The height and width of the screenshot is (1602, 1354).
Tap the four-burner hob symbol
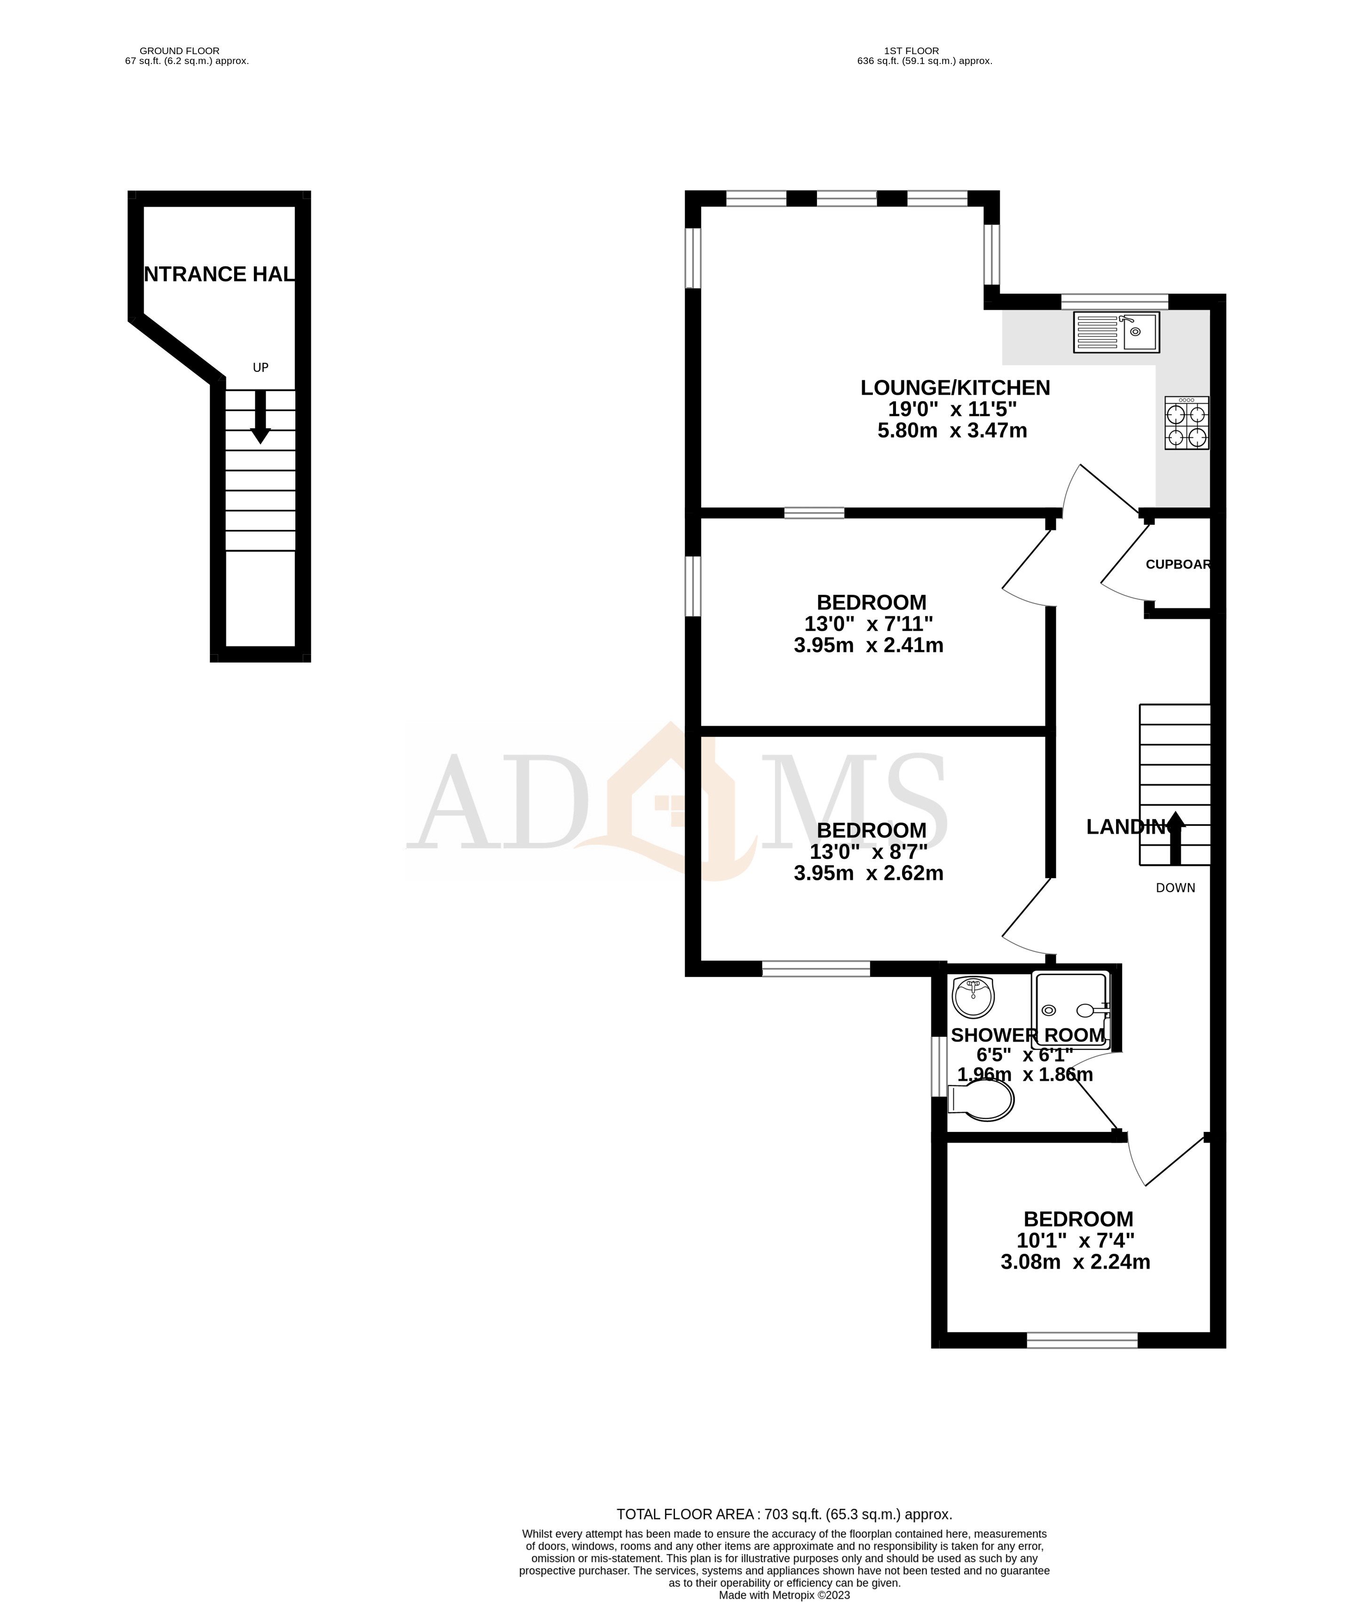(1186, 423)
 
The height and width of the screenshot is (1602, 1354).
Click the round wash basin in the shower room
(973, 997)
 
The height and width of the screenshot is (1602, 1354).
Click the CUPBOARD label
(1178, 564)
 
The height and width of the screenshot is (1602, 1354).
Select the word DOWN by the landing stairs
(1175, 888)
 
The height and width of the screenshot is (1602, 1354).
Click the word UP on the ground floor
(261, 368)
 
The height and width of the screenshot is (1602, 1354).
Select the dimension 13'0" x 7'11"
(869, 624)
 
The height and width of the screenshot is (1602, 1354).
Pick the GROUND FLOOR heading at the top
(180, 51)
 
